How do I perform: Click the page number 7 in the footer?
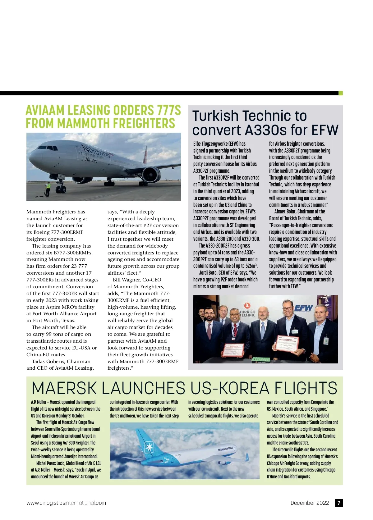pyautogui.click(x=338, y=503)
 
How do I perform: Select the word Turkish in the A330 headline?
pyautogui.click(x=215, y=116)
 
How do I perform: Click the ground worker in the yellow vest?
pyautogui.click(x=48, y=189)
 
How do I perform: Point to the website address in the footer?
pyautogui.click(x=66, y=503)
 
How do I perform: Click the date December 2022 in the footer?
pyautogui.click(x=310, y=503)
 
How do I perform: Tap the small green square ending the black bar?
pyautogui.click(x=340, y=93)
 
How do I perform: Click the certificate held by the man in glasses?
pyautogui.click(x=286, y=347)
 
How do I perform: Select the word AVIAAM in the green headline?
pyautogui.click(x=46, y=111)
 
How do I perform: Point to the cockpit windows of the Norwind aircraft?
pyautogui.click(x=47, y=148)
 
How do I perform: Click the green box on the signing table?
pyautogui.click(x=260, y=359)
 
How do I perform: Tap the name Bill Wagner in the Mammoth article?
pyautogui.click(x=127, y=280)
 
